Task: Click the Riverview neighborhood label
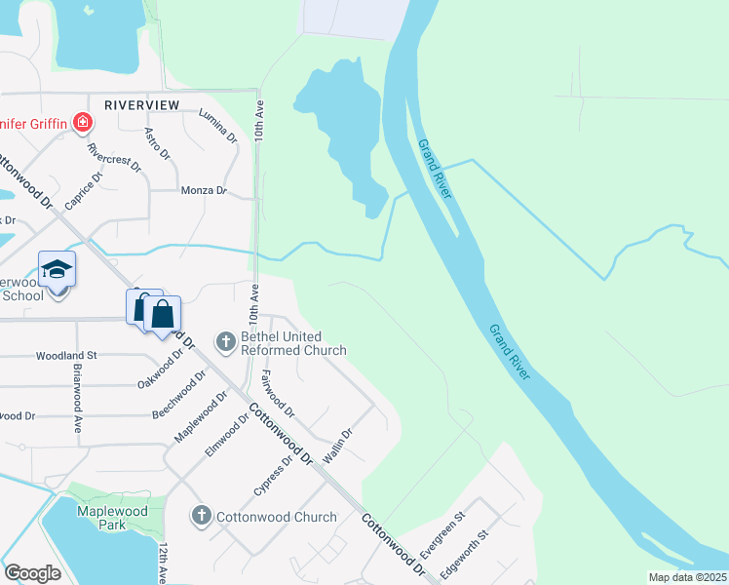point(142,104)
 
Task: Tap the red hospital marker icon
point(84,123)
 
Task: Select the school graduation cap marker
point(57,269)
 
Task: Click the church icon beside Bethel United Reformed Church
point(226,341)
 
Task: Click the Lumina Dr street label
point(217,126)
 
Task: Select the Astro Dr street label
point(157,143)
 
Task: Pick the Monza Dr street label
point(204,191)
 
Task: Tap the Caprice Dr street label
point(83,191)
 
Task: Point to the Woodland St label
point(66,356)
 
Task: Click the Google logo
point(32,573)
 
